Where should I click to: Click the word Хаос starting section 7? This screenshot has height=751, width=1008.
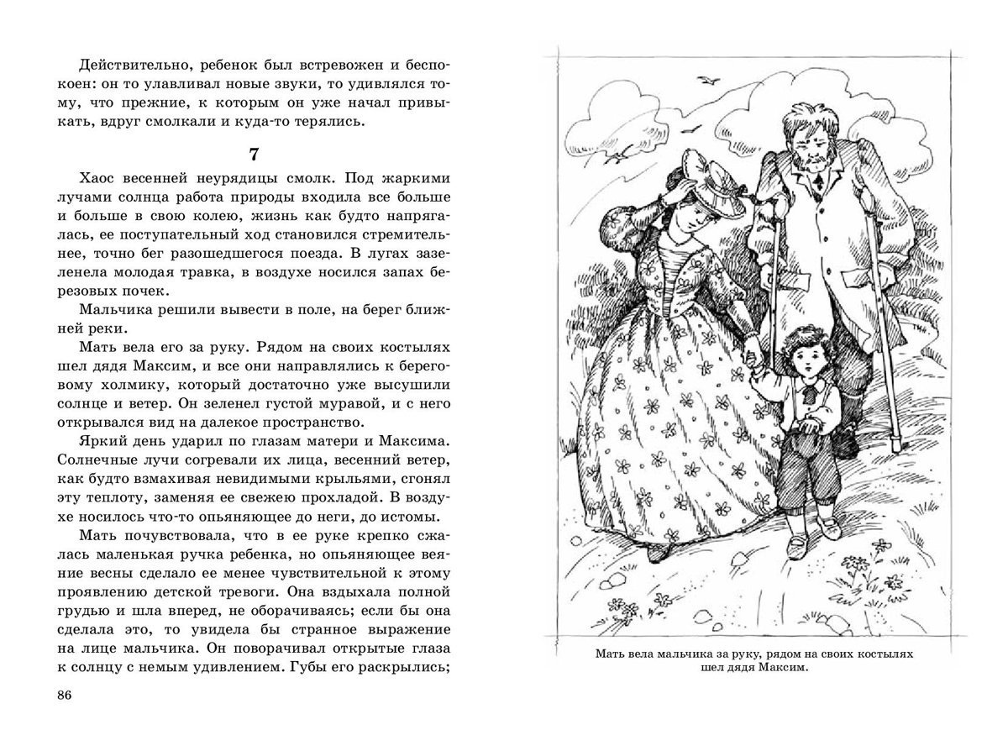(x=102, y=181)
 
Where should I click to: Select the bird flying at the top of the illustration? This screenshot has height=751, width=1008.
(x=713, y=80)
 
